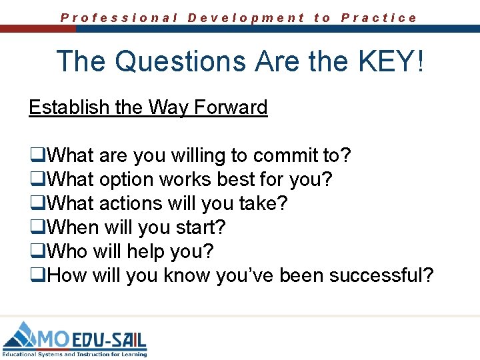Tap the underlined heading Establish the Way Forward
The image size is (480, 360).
(x=148, y=107)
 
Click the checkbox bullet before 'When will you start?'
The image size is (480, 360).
(x=35, y=228)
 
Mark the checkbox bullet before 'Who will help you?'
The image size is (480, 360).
(x=35, y=252)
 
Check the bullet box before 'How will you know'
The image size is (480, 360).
(x=35, y=275)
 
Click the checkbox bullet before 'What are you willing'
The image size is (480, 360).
(x=35, y=157)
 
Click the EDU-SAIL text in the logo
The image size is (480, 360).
(x=109, y=339)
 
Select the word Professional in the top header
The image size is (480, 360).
(x=119, y=18)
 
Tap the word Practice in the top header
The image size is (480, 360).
(x=379, y=18)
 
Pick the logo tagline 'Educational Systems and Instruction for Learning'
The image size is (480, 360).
(x=75, y=354)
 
